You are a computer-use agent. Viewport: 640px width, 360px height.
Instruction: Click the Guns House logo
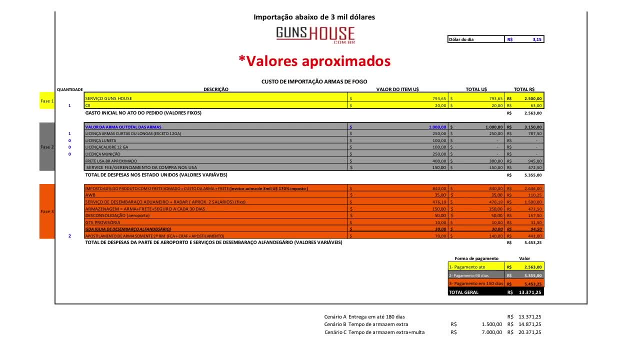[315, 35]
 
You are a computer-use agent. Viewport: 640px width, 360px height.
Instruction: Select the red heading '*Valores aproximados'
[314, 61]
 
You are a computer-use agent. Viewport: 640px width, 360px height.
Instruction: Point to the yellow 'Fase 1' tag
[46, 101]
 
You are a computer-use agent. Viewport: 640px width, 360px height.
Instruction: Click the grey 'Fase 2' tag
[46, 147]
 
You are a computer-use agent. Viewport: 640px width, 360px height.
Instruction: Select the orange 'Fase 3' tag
[46, 211]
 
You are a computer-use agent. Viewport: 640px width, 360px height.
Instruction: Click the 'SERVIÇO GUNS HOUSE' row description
[109, 98]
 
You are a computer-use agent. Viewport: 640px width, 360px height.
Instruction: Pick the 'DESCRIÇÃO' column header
[216, 89]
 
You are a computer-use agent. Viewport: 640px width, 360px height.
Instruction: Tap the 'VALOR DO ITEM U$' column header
[397, 89]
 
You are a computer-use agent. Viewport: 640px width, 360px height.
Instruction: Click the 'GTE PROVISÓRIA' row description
[103, 222]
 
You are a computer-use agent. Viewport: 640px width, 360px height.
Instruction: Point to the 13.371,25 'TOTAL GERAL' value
[530, 292]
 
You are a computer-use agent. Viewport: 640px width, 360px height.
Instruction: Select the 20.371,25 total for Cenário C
[530, 332]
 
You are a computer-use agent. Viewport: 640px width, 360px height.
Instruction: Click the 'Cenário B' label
[335, 324]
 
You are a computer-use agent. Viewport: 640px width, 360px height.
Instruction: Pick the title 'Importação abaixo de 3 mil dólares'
[314, 17]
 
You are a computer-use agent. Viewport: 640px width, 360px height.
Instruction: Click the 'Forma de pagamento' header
[476, 258]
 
